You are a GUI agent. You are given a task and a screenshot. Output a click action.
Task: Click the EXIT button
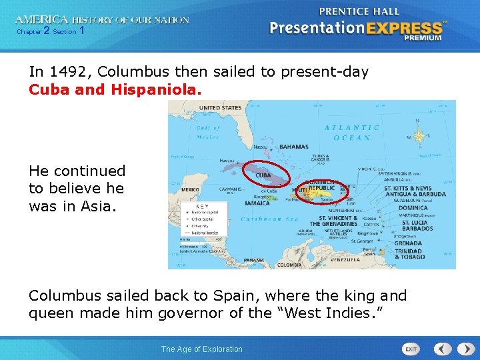click(411, 349)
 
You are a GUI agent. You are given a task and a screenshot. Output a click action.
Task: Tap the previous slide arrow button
click(443, 349)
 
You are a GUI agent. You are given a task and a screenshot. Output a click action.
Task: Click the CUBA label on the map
click(263, 175)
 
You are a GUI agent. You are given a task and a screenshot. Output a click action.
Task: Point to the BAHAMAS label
click(294, 147)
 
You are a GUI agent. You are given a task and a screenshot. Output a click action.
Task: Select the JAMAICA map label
click(257, 203)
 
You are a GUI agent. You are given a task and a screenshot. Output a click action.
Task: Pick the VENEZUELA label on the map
click(347, 259)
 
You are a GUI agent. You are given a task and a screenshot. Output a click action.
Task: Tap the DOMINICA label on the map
click(413, 208)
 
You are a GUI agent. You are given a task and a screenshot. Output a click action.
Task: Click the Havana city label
click(227, 160)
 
